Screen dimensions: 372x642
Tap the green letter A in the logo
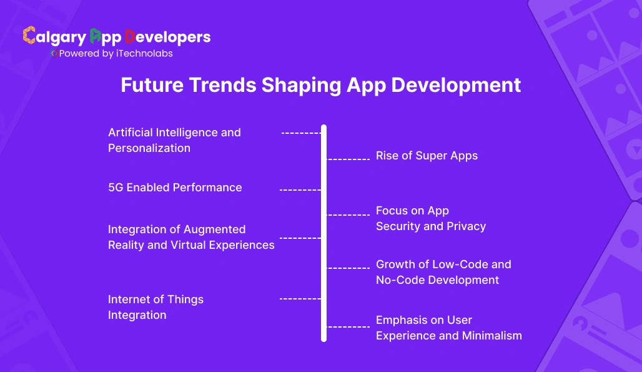[96, 37]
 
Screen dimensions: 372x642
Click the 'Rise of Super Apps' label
[427, 156]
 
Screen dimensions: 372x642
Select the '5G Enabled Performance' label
[175, 188]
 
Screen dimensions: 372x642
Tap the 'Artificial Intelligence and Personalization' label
[174, 140]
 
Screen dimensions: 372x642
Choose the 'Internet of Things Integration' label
[156, 307]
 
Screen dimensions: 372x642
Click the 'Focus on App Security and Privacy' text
[430, 218]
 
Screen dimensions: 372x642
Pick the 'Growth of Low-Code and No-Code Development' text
[443, 272]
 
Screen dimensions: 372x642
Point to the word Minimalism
[491, 336]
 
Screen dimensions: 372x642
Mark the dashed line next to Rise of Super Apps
[348, 159]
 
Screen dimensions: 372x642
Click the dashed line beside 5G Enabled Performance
[300, 189]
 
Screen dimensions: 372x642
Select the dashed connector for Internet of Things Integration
[300, 299]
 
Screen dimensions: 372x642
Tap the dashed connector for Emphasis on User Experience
[348, 326]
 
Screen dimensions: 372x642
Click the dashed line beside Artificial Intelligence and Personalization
[300, 133]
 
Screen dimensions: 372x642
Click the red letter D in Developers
[130, 37]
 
